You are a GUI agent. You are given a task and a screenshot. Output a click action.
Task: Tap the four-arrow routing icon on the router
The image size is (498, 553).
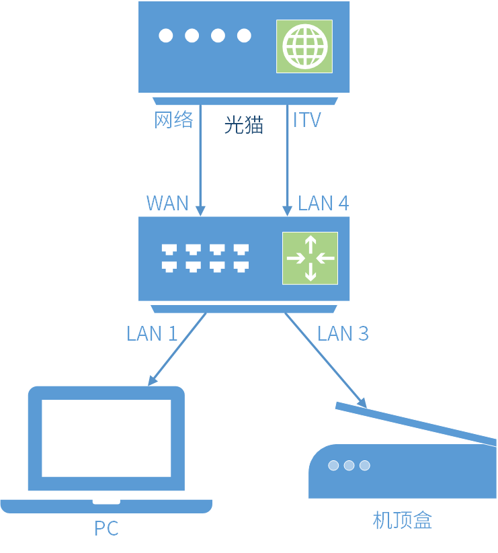310,259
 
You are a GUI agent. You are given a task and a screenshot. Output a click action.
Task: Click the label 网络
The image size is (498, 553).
174,120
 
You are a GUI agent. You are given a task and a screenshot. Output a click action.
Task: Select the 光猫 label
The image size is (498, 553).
243,125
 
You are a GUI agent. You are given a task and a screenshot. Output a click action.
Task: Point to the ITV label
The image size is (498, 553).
307,120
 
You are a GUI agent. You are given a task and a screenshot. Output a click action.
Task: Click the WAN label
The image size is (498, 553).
167,203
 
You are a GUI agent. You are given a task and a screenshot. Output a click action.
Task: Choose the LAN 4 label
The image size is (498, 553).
323,203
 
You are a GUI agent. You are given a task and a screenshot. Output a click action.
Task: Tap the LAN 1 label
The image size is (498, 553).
152,333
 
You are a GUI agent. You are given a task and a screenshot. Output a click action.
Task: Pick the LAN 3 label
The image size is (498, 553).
343,333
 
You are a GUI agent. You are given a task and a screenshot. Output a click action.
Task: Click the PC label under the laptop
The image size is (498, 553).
106,529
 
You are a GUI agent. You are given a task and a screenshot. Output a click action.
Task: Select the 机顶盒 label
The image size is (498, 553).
402,520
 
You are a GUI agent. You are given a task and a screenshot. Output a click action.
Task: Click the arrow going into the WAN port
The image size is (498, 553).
200,161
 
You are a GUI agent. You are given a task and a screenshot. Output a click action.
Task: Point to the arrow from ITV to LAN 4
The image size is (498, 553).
287,161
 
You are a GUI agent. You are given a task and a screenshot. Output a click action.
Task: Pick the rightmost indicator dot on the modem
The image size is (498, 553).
243,36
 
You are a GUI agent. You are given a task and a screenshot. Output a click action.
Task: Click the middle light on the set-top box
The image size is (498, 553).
348,465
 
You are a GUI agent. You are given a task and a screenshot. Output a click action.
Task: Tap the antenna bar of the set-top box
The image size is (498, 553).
417,423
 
